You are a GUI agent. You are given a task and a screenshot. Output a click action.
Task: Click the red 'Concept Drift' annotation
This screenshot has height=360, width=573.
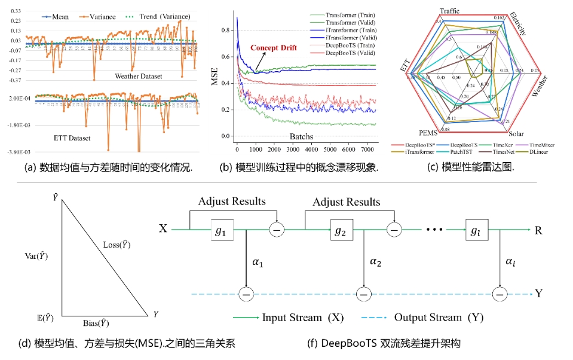[274, 48]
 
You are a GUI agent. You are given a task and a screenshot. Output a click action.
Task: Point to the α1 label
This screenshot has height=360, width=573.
[258, 261]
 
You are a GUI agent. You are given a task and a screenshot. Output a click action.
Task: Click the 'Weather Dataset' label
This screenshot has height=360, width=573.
[140, 77]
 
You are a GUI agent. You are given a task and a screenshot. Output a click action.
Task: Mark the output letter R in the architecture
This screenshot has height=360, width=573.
[538, 228]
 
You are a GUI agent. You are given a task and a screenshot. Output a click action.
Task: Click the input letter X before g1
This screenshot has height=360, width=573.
[163, 228]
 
